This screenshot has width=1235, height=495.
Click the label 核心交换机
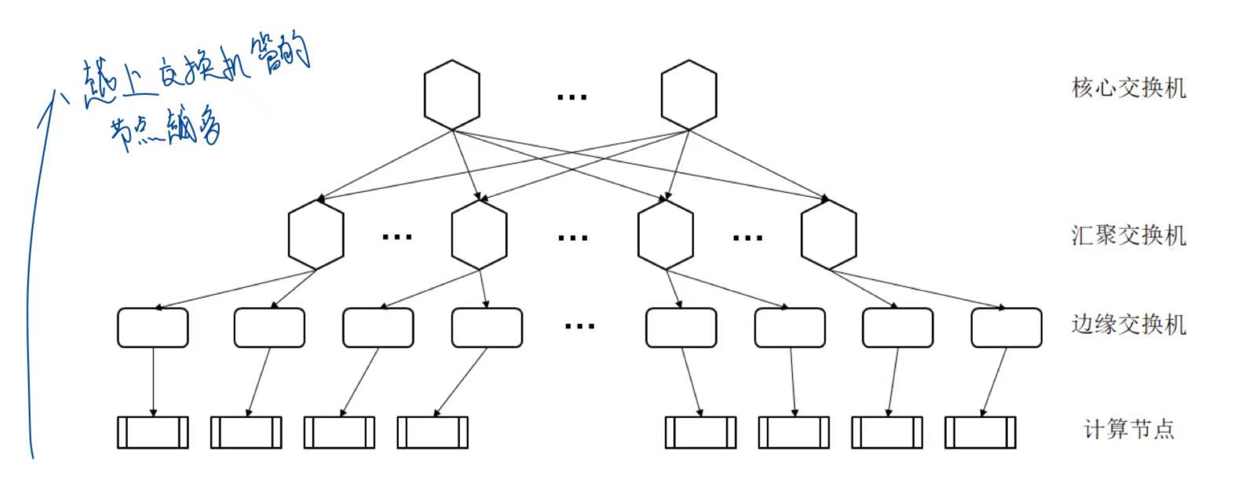(x=1128, y=87)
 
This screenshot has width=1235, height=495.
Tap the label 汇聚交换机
(x=1128, y=235)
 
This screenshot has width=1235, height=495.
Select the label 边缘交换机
(x=1128, y=324)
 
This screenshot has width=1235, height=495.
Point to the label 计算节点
(x=1128, y=429)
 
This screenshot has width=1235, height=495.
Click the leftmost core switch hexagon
(x=451, y=95)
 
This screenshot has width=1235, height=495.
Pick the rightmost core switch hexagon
(x=689, y=95)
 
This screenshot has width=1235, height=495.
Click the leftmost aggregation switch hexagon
(x=316, y=235)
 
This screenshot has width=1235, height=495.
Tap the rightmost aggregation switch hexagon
(x=828, y=235)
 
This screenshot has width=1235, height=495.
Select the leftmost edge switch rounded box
(x=152, y=328)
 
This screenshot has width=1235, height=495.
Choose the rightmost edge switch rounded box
(x=1006, y=328)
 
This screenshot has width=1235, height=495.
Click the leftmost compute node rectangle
(x=152, y=432)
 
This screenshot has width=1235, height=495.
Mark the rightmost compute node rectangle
(x=980, y=432)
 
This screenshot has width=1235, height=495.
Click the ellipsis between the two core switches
(x=572, y=96)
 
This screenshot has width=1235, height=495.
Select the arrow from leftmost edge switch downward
(x=153, y=381)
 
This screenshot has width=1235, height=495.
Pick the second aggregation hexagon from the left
(x=479, y=235)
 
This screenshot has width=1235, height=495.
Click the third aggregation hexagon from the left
(x=666, y=235)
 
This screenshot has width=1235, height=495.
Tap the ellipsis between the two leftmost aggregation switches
(x=396, y=236)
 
